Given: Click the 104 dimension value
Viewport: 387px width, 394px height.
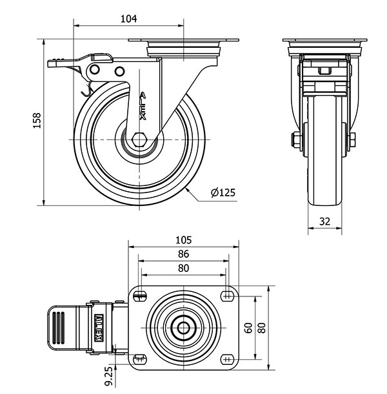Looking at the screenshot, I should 128,19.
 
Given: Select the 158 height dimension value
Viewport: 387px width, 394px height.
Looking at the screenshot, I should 37,121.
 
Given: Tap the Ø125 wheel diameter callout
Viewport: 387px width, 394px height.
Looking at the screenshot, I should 222,192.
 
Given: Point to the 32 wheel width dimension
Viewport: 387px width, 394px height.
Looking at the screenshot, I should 324,221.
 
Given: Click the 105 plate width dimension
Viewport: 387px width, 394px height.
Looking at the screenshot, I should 183,239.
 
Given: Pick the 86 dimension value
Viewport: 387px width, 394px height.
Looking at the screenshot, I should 183,254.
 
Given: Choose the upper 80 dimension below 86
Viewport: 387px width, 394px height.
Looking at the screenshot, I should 183,269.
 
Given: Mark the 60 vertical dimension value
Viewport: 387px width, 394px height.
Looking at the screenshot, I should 248,327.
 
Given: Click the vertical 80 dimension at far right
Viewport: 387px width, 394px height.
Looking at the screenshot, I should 263,327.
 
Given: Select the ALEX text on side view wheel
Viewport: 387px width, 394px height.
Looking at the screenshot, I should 143,107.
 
